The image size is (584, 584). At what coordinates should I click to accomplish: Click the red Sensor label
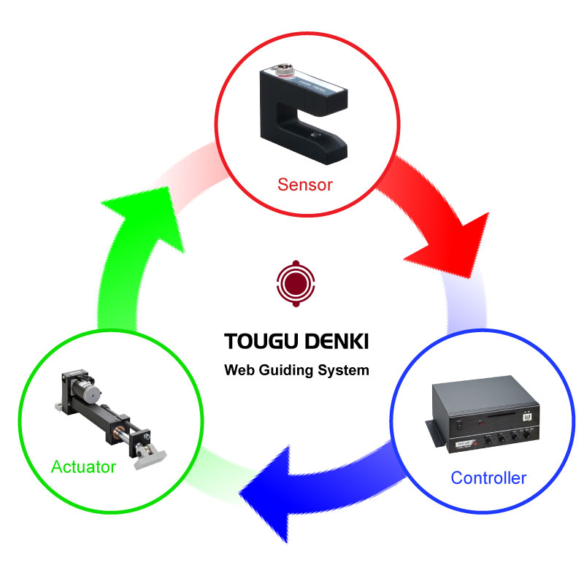(x=304, y=185)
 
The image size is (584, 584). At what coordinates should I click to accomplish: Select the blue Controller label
(x=488, y=478)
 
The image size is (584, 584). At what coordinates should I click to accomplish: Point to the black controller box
(x=485, y=415)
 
